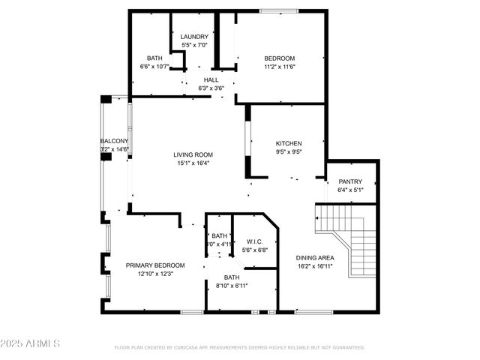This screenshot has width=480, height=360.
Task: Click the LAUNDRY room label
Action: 194,37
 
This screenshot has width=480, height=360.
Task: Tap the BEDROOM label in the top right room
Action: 279,58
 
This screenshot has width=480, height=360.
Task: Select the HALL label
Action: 211,79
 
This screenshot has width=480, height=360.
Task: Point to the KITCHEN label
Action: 289,143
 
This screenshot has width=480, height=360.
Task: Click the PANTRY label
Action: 350,181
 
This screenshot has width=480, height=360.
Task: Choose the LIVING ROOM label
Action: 193,155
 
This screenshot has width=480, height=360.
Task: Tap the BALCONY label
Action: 115,141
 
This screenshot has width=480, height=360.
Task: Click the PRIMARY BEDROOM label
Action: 155,265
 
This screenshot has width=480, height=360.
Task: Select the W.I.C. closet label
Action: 254,241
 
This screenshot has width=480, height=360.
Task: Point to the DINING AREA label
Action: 315,257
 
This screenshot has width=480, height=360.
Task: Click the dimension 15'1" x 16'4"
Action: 193,163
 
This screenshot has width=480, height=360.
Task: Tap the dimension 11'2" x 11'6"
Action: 279,67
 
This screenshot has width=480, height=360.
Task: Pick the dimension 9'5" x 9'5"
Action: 289,151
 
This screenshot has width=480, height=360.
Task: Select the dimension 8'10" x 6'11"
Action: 232,286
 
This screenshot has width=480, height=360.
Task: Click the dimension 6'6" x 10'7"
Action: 155,67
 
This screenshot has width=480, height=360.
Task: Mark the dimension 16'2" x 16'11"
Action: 315,265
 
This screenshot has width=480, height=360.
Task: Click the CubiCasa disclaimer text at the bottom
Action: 239,348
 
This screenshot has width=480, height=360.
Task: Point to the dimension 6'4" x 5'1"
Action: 350,190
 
